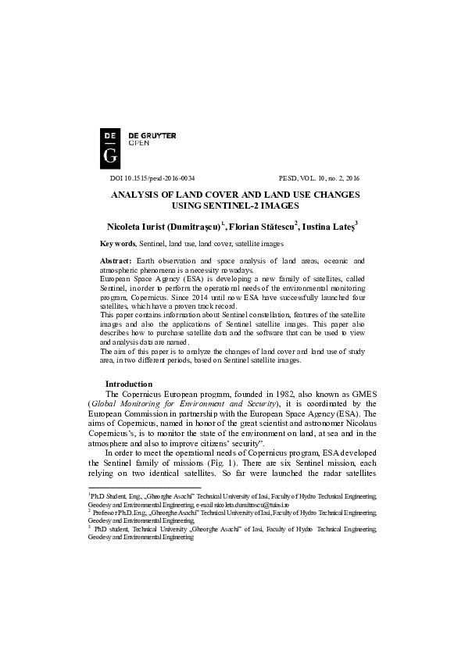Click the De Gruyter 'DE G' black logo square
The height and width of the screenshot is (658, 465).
point(110,146)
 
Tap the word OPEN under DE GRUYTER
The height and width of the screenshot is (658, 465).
point(138,144)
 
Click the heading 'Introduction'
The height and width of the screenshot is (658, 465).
point(129,384)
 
